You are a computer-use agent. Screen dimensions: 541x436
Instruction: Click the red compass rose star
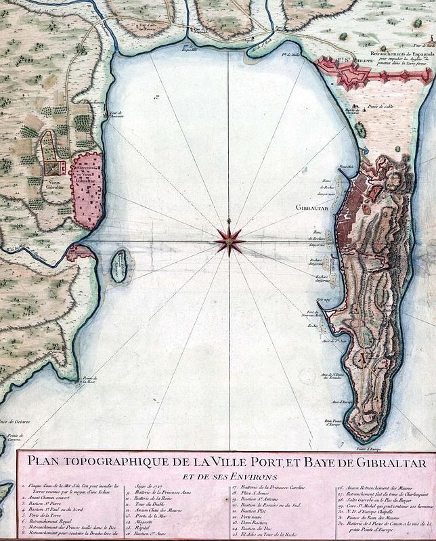(x=230, y=241)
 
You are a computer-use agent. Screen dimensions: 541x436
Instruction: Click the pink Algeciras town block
(x=88, y=191)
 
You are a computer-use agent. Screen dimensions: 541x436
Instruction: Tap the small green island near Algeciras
(x=119, y=266)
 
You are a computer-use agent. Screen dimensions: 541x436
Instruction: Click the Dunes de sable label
(x=379, y=106)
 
